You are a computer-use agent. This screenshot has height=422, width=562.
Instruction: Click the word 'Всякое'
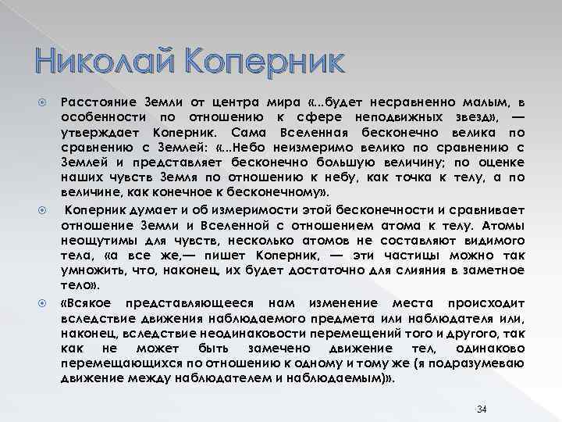(88, 303)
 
